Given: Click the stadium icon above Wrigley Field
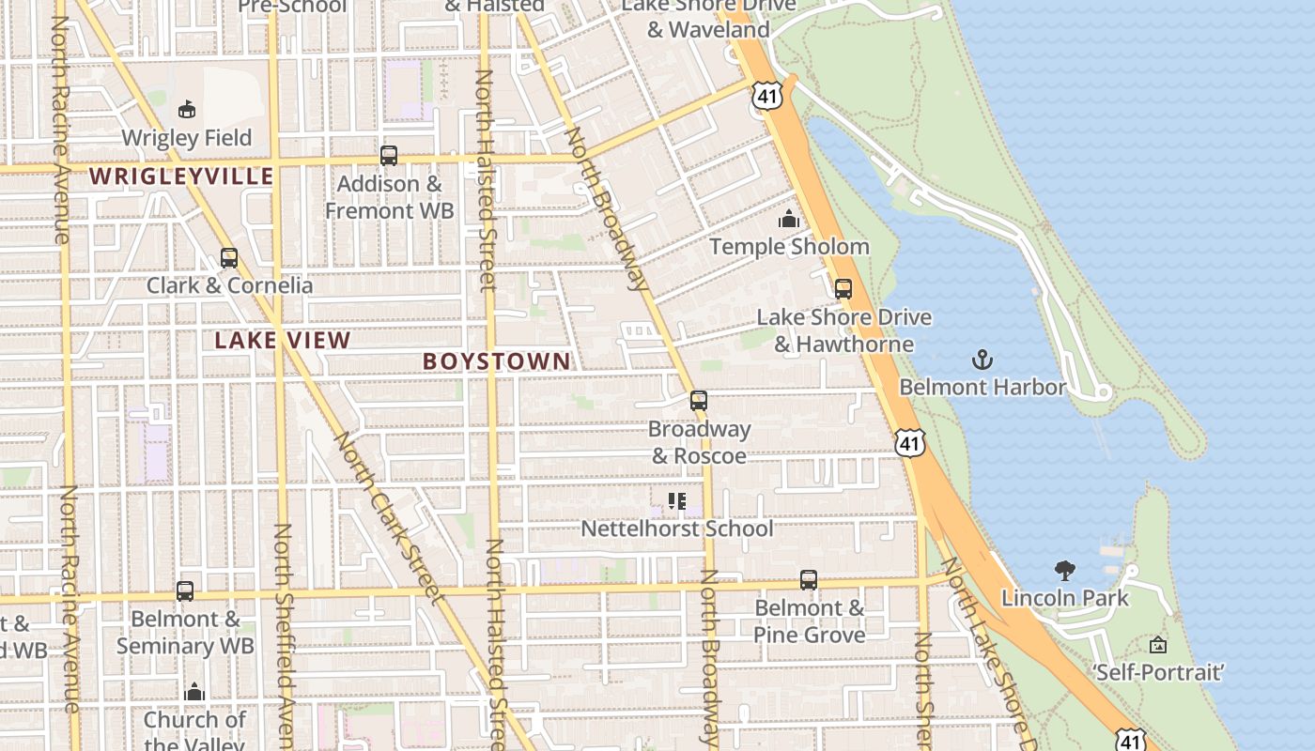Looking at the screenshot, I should tap(187, 109).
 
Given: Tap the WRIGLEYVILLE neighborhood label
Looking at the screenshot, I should tap(181, 176).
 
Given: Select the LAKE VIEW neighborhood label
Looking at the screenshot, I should tap(283, 341).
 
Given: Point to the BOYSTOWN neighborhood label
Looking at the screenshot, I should tap(497, 361).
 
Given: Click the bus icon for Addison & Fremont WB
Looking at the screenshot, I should tap(389, 156).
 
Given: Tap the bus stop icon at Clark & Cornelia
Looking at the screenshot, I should tap(229, 257).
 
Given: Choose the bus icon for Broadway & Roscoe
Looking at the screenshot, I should tap(699, 401).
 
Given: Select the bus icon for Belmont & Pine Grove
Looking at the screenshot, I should tap(809, 580).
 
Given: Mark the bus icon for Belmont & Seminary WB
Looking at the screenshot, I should tap(185, 591).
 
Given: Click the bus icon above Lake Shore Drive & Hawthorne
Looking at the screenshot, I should tap(843, 289).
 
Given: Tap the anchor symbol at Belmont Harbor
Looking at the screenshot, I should tap(982, 360).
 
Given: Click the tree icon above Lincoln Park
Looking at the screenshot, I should tap(1065, 570).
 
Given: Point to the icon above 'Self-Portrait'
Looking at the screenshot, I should tap(1158, 645).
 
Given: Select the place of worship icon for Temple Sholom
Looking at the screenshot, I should tap(789, 219).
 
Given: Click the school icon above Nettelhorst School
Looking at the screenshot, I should tap(677, 501).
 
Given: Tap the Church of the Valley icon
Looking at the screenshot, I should tap(194, 693).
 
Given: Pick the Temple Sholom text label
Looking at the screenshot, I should tap(789, 247).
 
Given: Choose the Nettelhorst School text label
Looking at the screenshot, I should tap(677, 529).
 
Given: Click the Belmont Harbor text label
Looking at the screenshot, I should tap(982, 387).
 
